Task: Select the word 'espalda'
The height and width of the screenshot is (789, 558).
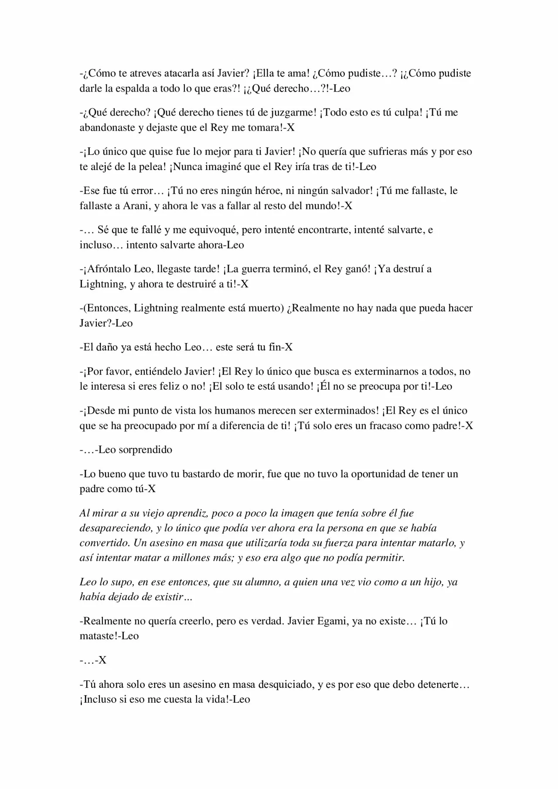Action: [131, 88]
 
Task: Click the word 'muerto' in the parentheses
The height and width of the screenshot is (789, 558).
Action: [265, 308]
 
